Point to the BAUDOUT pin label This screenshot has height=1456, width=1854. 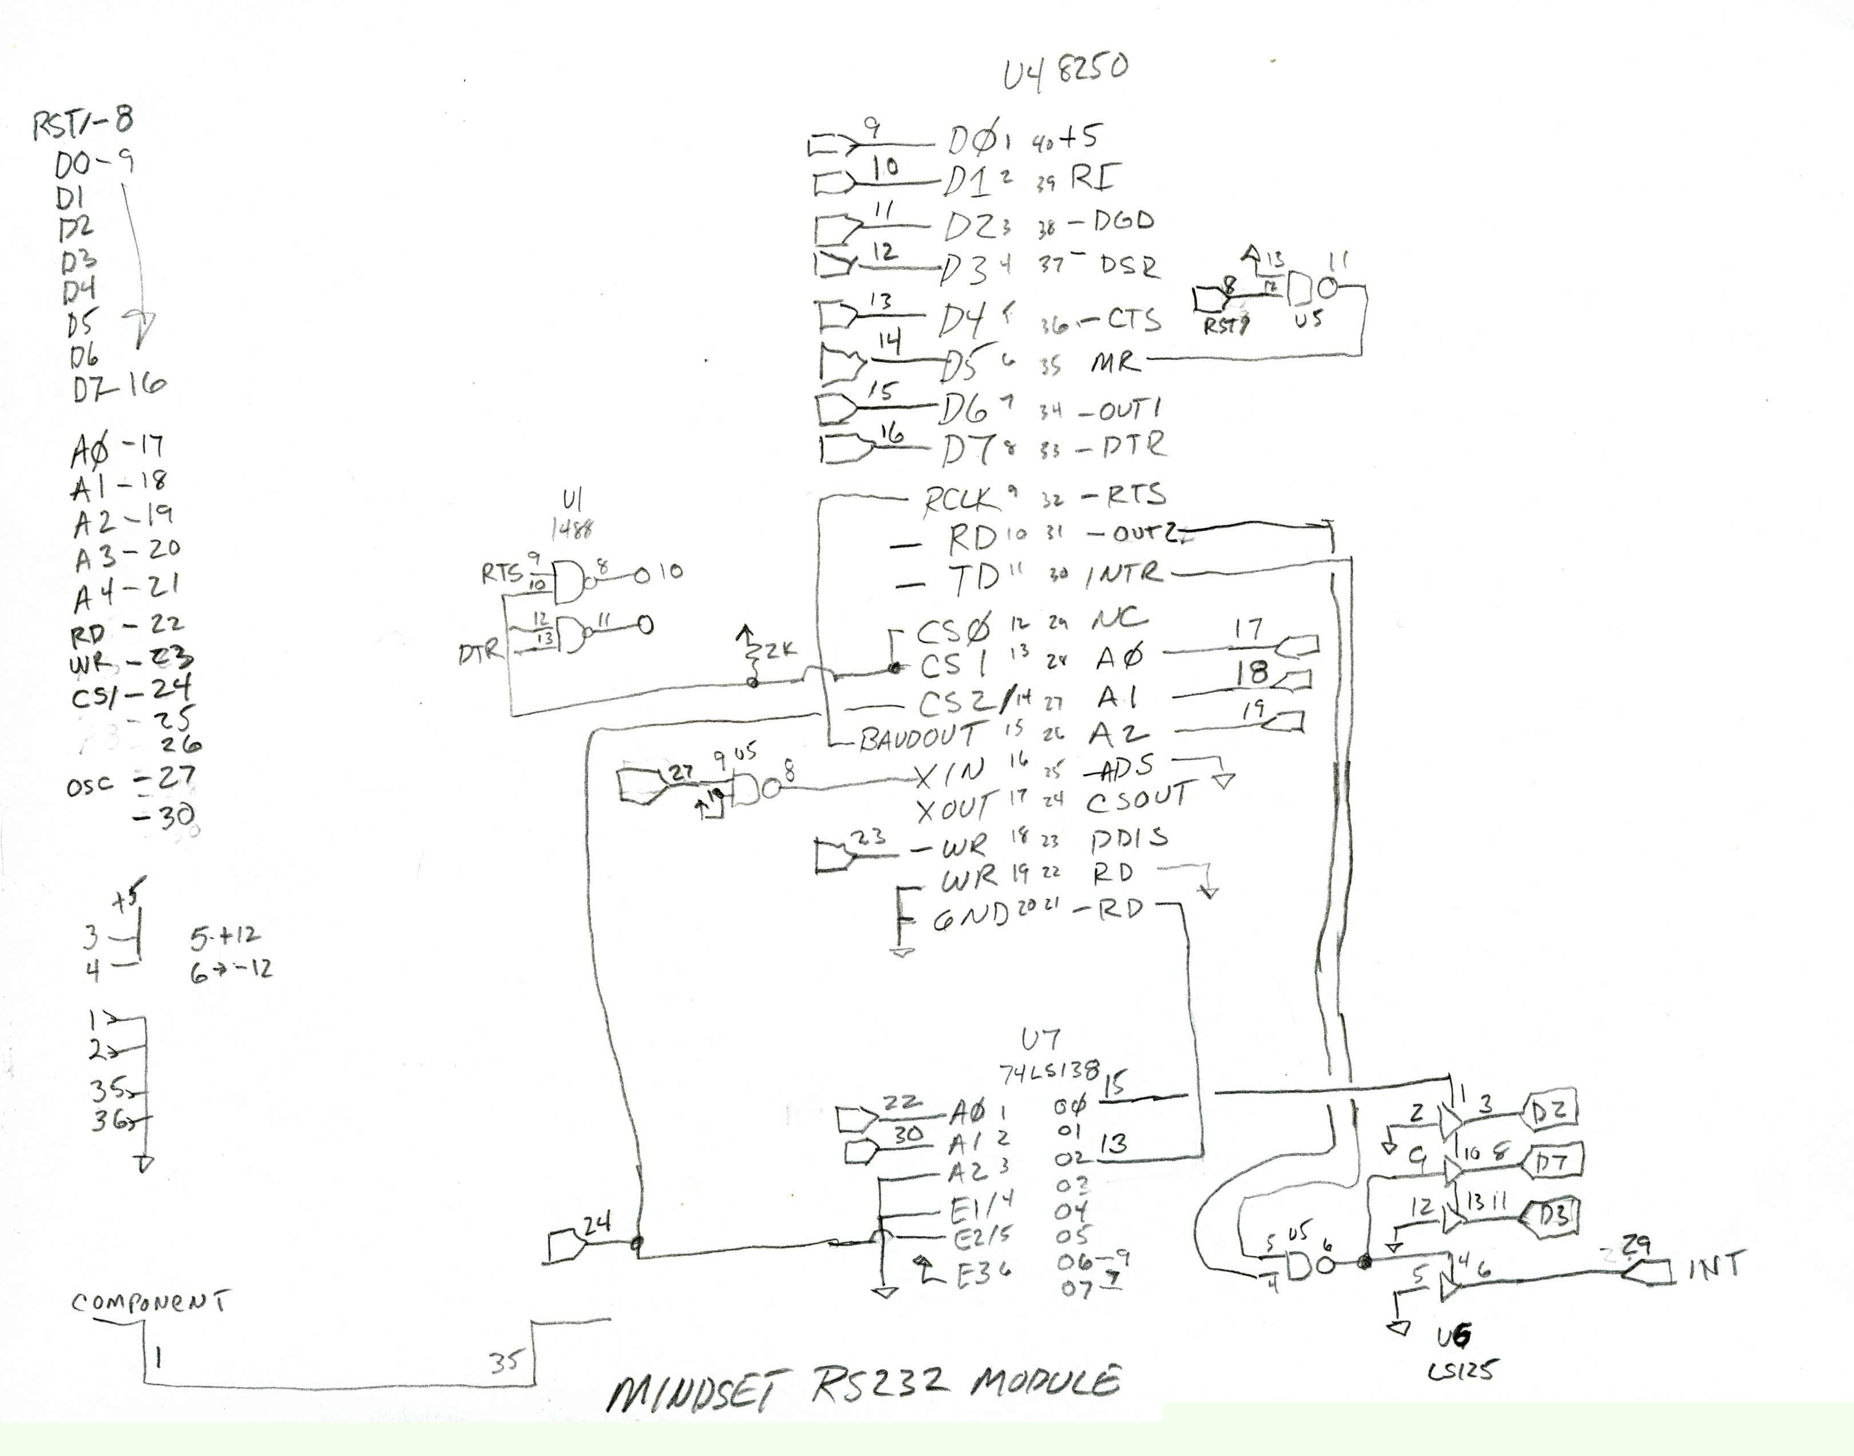click(x=918, y=736)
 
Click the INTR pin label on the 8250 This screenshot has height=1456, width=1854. click(x=1123, y=574)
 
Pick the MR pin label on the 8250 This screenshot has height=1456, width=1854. click(x=1115, y=362)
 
